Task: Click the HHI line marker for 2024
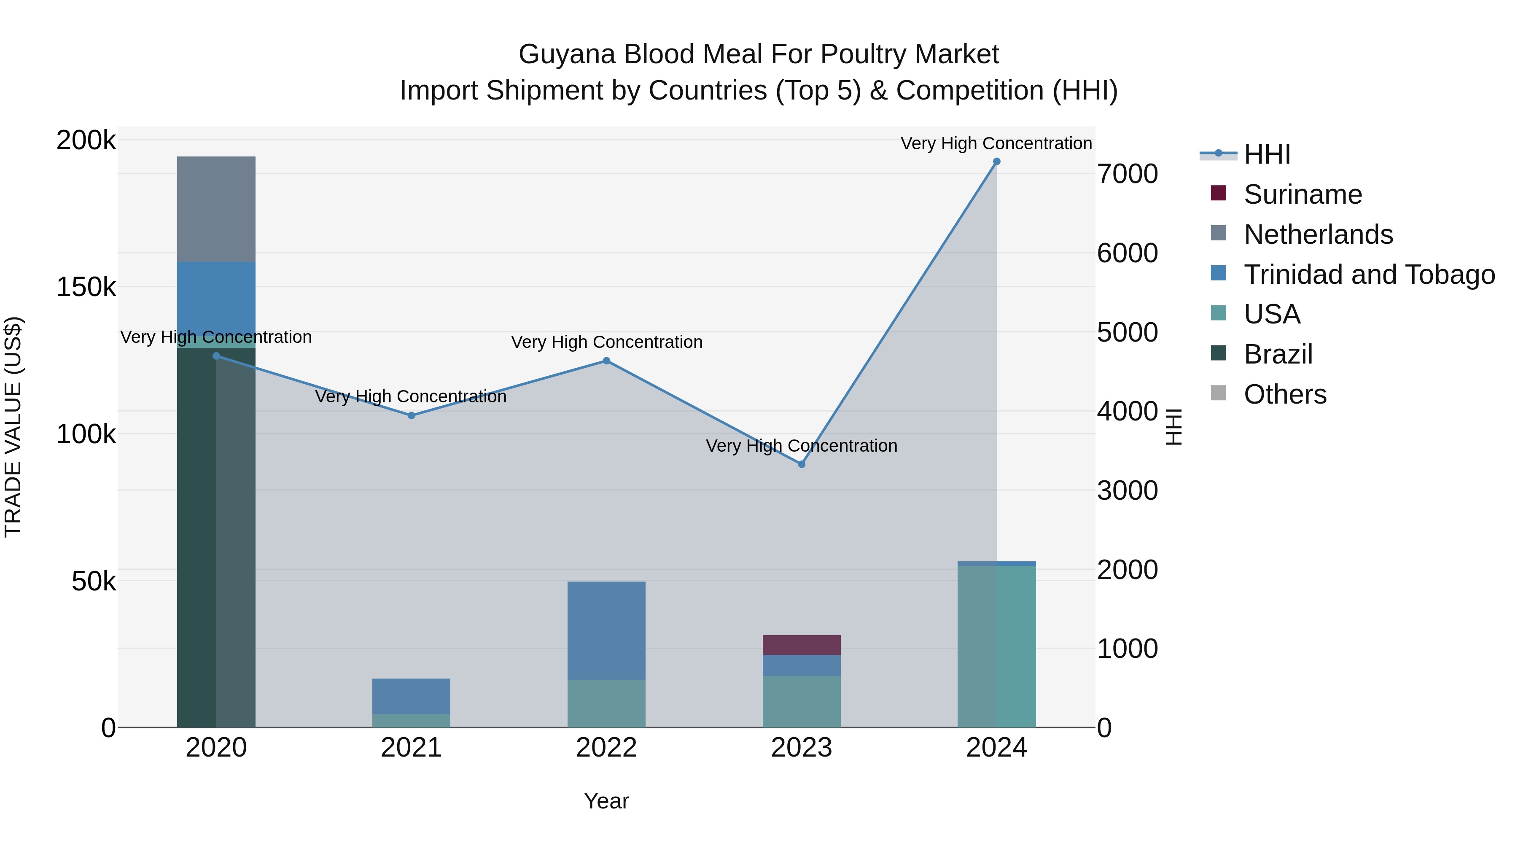pos(996,162)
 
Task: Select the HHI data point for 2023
pos(802,464)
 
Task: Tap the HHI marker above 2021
pos(411,415)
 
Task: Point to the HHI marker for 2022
pos(606,361)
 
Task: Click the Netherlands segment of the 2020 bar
pos(216,209)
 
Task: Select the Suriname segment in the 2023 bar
pos(802,645)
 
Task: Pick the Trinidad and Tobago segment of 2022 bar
pos(606,630)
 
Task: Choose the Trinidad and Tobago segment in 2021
pos(411,696)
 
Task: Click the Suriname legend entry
pos(1303,194)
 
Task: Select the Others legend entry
pos(1285,394)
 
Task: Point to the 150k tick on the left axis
pos(86,288)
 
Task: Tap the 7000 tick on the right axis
pos(1127,175)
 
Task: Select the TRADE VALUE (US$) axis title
pos(13,427)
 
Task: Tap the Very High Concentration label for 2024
pos(996,144)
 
